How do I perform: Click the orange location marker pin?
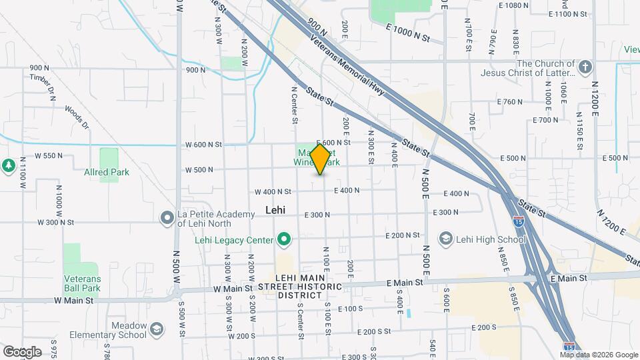point(320,159)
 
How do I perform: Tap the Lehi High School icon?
point(446,239)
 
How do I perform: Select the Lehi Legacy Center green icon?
point(285,239)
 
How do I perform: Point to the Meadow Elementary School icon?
point(156,329)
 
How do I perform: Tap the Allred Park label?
point(107,172)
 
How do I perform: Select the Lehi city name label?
point(275,209)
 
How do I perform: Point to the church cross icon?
point(585,67)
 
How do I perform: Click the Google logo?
point(22,351)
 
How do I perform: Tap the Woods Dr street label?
point(76,116)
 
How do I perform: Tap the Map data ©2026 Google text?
point(599,355)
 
